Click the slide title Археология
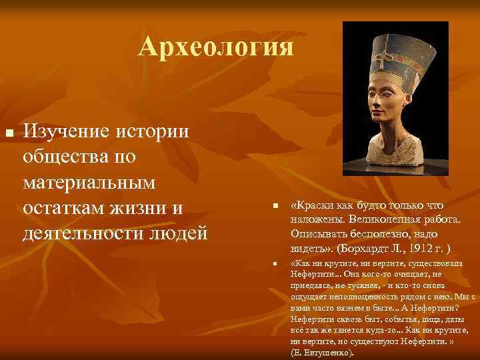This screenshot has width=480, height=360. pos(216,47)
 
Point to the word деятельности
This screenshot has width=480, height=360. pos(82,234)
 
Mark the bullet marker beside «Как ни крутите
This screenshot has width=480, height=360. pos(274,265)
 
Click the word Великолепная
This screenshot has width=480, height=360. pos(373,220)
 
